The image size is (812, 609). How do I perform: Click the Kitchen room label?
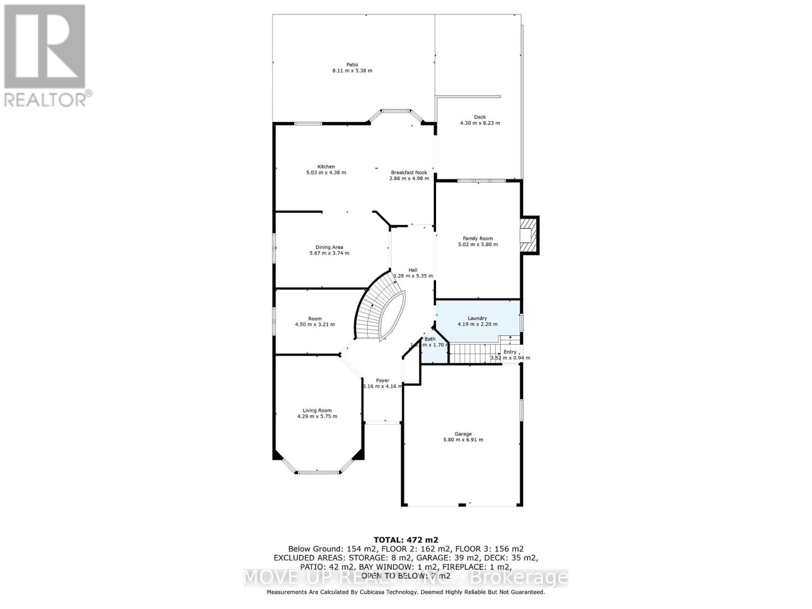326,166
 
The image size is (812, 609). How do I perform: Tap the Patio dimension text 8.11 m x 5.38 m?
352,71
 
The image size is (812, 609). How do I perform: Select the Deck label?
480,117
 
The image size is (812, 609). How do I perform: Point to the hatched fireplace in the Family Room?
528,235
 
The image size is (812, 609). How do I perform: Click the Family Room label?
478,238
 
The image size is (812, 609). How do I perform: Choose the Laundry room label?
477,318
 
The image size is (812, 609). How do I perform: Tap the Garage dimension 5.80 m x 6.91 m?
463,440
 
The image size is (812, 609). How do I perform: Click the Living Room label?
317,410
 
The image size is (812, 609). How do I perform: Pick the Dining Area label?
329,247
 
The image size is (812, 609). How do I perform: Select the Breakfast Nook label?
409,173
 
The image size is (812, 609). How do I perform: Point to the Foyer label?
382,380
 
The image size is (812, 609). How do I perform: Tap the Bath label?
430,339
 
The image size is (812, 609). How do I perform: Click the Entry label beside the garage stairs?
510,352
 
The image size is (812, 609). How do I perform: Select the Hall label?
413,270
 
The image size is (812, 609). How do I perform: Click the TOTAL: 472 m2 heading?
405,540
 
